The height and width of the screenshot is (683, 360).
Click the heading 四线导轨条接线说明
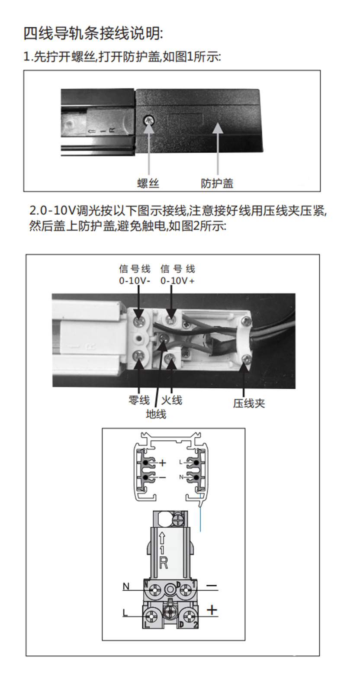point(93,33)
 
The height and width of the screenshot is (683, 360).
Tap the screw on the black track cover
point(149,120)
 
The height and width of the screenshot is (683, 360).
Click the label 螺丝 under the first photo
point(148,183)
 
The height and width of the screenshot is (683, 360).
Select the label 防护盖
point(217,183)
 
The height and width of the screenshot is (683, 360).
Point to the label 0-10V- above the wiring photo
point(135,280)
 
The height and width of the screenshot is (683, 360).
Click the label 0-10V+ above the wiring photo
point(177,280)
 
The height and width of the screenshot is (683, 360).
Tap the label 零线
point(139,400)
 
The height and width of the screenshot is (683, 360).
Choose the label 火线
point(172,400)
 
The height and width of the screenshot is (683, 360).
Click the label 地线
point(156,414)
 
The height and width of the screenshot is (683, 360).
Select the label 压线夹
point(249,403)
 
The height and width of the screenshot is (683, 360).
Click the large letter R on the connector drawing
point(163,563)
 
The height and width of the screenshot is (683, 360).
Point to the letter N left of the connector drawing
point(126,586)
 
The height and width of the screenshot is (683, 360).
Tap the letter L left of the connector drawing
point(125,613)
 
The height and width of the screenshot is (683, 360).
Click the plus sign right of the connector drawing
point(212,610)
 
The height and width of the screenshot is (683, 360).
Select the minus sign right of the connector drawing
point(212,586)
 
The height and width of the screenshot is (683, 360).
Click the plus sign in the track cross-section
point(163,463)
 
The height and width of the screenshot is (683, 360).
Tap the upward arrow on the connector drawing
point(162,538)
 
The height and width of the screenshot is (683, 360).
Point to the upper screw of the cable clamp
point(246,321)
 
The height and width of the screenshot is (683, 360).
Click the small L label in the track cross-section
point(181,462)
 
